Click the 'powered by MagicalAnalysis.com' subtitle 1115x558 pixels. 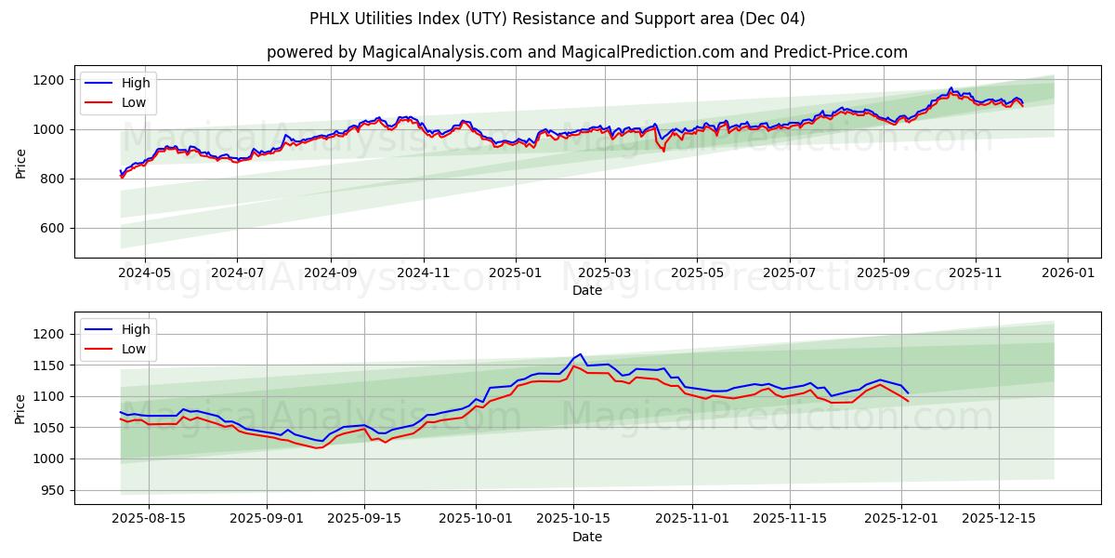[x=586, y=52]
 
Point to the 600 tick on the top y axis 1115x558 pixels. [x=53, y=228]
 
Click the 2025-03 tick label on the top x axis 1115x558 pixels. [x=605, y=273]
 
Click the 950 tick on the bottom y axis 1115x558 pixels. [x=53, y=490]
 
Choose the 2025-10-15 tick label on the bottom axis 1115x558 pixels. [x=572, y=519]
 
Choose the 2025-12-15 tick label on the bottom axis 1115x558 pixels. [x=999, y=519]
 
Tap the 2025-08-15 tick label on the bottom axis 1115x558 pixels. [x=148, y=519]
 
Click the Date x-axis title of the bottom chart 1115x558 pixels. [x=586, y=537]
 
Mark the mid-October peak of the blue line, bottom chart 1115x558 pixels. [x=581, y=354]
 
